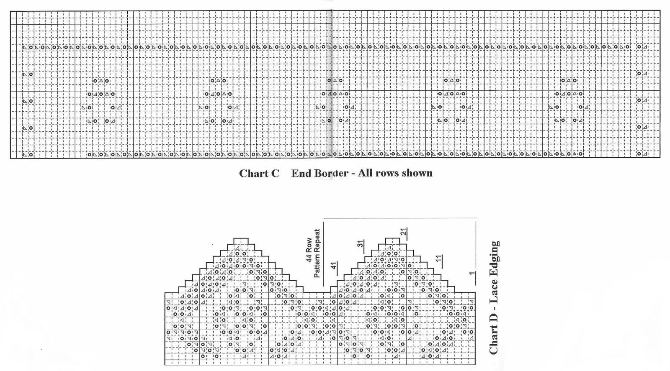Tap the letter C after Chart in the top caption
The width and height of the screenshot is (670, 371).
pos(275,173)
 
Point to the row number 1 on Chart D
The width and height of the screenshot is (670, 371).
pos(472,274)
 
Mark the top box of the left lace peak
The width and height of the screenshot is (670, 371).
pos(240,241)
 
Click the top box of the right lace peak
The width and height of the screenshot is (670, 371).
pos(392,241)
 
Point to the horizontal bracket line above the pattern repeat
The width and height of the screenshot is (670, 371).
pos(400,218)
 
